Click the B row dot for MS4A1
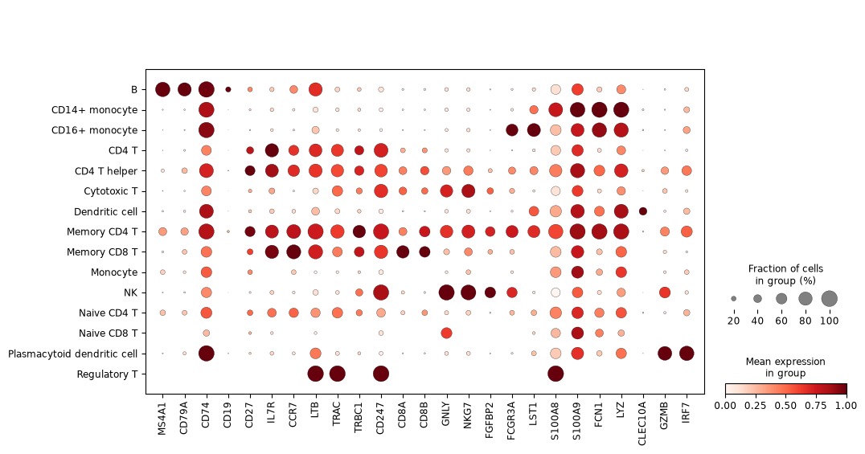click(x=162, y=89)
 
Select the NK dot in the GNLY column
click(x=446, y=292)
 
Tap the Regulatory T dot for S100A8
click(x=555, y=374)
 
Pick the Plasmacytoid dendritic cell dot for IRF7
click(x=687, y=354)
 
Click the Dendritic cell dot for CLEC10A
click(x=642, y=211)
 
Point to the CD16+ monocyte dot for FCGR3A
click(x=512, y=130)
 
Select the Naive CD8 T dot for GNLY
click(x=446, y=333)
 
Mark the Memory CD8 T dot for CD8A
click(x=403, y=252)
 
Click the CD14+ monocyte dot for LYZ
click(x=621, y=110)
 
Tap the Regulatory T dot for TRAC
click(x=337, y=374)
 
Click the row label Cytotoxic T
click(x=110, y=191)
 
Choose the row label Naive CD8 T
click(x=108, y=333)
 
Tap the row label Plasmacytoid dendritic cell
click(x=73, y=354)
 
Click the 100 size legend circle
click(x=829, y=299)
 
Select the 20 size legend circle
click(x=734, y=299)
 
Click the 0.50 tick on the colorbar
click(x=785, y=406)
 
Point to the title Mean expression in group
click(x=785, y=367)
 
